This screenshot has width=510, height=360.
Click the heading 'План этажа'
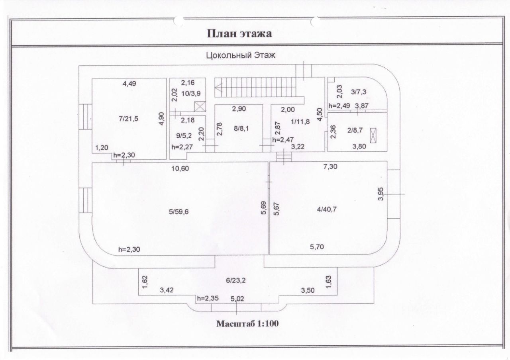(x=239, y=33)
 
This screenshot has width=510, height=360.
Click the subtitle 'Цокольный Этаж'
(x=240, y=56)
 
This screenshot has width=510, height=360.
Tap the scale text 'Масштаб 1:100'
(x=247, y=324)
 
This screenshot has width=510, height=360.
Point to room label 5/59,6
(x=178, y=211)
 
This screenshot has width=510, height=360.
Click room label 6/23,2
(x=236, y=280)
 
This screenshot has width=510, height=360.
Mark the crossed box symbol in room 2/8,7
(x=373, y=135)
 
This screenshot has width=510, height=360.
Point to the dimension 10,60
(x=180, y=168)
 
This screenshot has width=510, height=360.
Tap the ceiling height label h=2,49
(x=339, y=106)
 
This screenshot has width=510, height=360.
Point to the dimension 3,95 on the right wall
(x=381, y=196)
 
